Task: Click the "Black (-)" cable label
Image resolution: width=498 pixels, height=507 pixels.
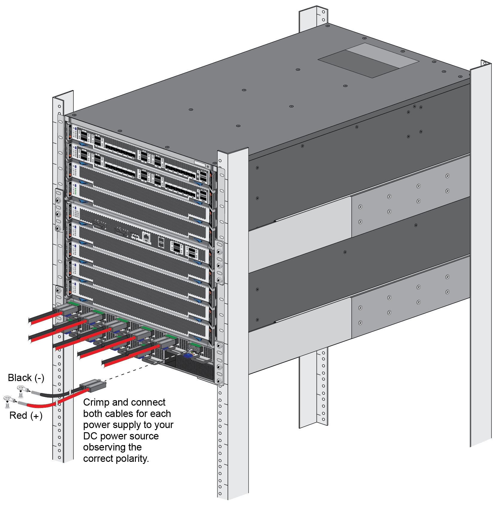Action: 26,378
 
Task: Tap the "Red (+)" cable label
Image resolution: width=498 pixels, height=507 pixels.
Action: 26,415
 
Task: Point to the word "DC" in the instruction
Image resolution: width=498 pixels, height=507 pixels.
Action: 90,436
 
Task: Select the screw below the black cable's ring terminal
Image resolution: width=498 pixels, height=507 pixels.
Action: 21,395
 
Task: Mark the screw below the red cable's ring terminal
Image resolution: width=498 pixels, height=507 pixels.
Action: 8,406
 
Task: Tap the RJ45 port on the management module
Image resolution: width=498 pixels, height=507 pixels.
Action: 146,238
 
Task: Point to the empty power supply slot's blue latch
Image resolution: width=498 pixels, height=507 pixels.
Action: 188,355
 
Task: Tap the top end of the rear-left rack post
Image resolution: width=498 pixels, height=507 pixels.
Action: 313,10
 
